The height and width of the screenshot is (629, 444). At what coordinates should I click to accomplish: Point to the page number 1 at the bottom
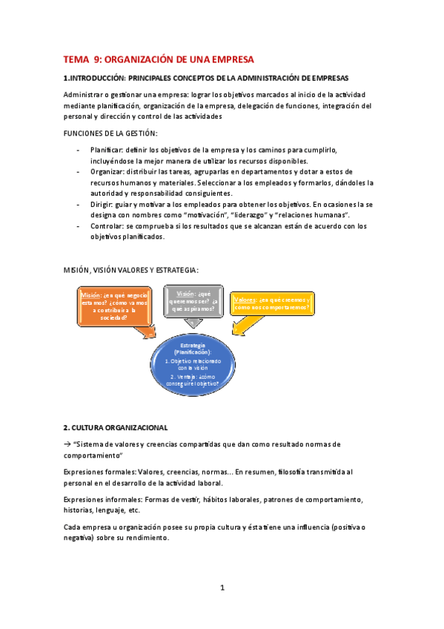point(222,588)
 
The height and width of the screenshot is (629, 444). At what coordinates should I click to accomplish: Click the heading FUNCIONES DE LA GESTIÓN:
point(110,133)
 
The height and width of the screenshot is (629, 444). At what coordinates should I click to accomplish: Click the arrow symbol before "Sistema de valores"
point(67,444)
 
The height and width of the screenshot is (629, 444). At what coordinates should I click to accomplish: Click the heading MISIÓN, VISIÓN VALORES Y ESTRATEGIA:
point(131,270)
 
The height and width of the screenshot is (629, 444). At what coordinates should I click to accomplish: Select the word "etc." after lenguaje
point(134,510)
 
